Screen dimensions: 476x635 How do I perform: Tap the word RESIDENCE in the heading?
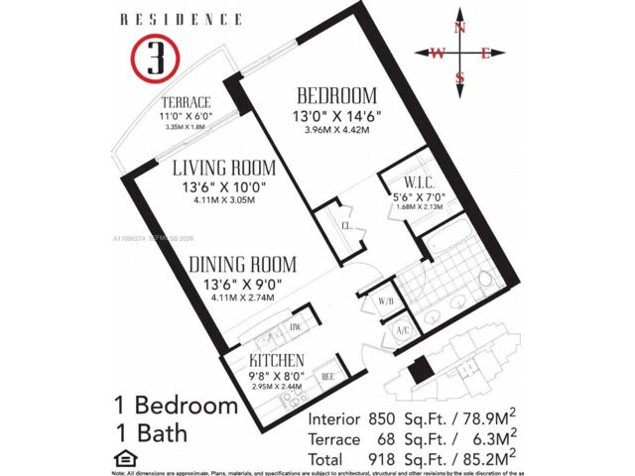click(181, 19)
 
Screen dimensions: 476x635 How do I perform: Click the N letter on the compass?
click(460, 28)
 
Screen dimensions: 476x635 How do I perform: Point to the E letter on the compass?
click(485, 54)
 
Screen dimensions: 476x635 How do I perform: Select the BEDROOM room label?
click(337, 96)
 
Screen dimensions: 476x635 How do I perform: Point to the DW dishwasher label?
click(295, 326)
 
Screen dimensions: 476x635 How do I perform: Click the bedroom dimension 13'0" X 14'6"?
click(337, 116)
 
